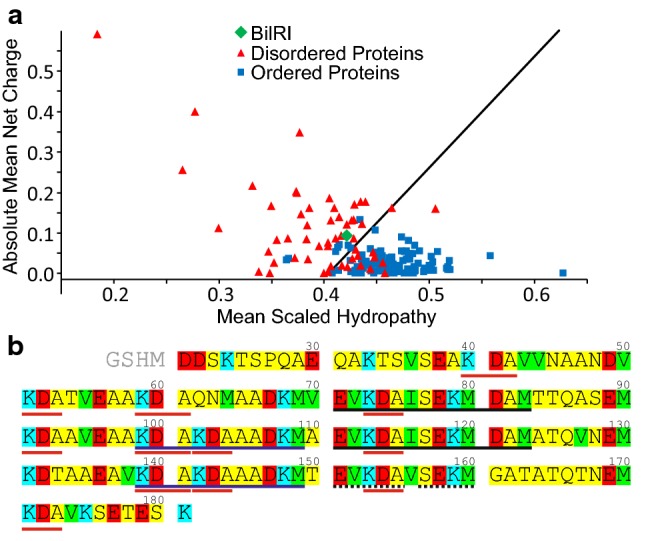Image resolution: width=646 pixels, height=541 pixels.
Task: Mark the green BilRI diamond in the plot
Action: tap(346, 235)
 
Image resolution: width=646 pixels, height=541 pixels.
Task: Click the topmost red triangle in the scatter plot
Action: tap(97, 34)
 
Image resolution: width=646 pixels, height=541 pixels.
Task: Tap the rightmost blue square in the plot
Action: tap(562, 272)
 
